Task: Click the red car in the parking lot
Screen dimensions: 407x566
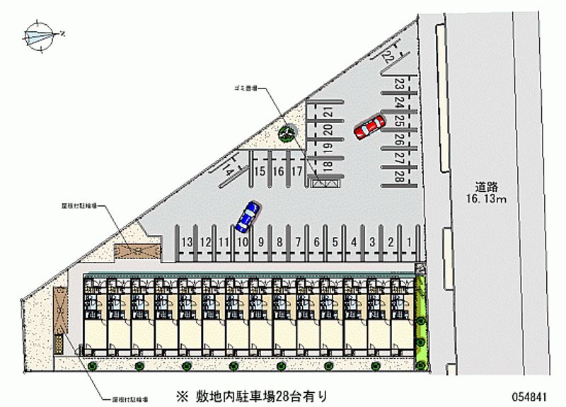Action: point(369,127)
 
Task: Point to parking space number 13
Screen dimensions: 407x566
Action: point(187,242)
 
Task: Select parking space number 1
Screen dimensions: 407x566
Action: point(410,242)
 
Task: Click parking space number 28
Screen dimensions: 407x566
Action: point(400,176)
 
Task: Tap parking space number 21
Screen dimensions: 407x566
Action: point(328,112)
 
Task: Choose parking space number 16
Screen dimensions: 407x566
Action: point(278,171)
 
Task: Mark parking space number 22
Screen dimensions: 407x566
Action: point(388,55)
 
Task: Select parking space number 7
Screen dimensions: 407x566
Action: point(298,242)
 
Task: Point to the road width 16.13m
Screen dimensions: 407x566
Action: point(487,200)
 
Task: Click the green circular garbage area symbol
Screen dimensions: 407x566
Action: point(287,131)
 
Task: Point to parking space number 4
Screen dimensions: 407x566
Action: point(354,242)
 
